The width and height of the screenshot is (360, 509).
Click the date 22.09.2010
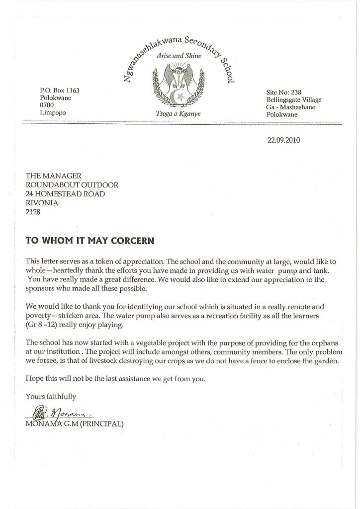click(x=284, y=140)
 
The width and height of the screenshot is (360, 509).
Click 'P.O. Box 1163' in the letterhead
click(x=60, y=91)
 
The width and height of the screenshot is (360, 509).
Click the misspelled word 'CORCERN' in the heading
click(x=132, y=241)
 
